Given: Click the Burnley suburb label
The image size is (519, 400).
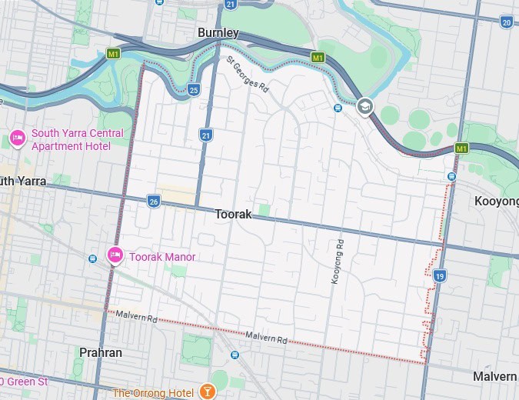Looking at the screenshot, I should pyautogui.click(x=218, y=33).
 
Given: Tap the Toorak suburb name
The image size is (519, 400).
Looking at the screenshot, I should pyautogui.click(x=233, y=215).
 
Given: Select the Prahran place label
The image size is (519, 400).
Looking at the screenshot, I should pyautogui.click(x=100, y=352).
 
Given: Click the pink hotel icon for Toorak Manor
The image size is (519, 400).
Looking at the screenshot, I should pyautogui.click(x=115, y=255).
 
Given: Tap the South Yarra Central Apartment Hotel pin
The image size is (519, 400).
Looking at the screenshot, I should pyautogui.click(x=17, y=138).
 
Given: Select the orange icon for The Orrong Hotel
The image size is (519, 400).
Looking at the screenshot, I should pyautogui.click(x=206, y=392).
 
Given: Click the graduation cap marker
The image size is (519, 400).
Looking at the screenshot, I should pyautogui.click(x=365, y=107).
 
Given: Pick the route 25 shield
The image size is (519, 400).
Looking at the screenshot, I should pyautogui.click(x=194, y=90).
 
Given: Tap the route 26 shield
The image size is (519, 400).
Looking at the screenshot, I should pyautogui.click(x=154, y=201).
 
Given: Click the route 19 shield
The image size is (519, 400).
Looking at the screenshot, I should pyautogui.click(x=439, y=275).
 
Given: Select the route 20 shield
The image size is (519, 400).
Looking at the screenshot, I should pyautogui.click(x=506, y=22).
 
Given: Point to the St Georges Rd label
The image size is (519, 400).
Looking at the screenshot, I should pyautogui.click(x=247, y=73).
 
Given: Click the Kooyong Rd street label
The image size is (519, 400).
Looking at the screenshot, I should pyautogui.click(x=336, y=262).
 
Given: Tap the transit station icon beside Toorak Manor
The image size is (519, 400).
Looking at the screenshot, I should pyautogui.click(x=93, y=258).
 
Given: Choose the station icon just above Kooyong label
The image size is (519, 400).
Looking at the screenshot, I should pyautogui.click(x=451, y=176).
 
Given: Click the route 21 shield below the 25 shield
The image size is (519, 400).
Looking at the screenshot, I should pyautogui.click(x=205, y=135).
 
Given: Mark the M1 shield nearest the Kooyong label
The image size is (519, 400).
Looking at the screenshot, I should pyautogui.click(x=461, y=148).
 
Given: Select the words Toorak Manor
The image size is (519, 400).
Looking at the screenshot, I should pyautogui.click(x=162, y=257).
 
